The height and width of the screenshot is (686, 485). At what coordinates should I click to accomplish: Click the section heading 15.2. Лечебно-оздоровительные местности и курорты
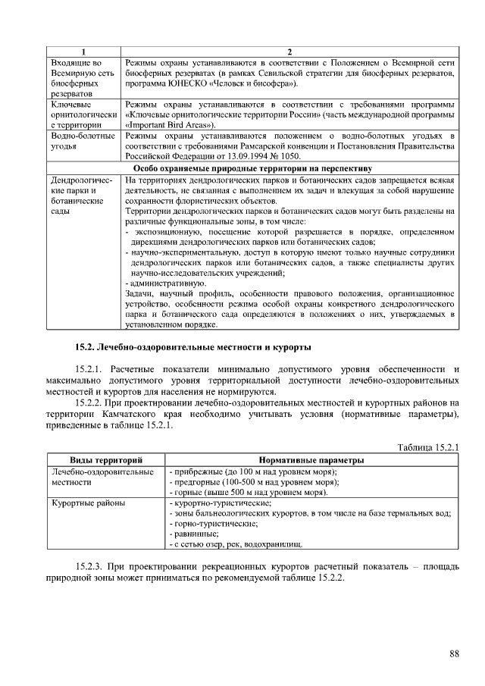192,347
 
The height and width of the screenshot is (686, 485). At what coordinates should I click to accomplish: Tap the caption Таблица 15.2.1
428,447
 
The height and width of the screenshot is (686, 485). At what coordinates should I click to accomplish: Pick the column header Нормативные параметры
311,460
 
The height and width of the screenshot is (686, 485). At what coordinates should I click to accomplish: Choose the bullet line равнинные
193,534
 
